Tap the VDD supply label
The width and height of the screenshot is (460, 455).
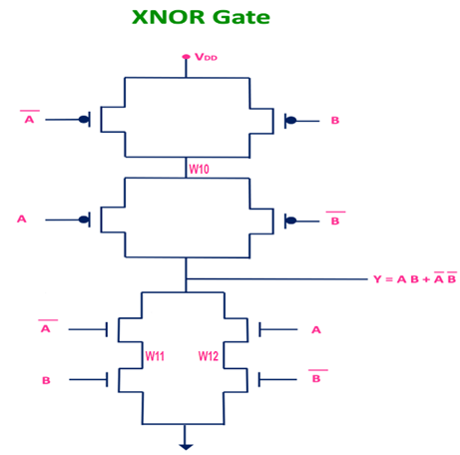pos(206,58)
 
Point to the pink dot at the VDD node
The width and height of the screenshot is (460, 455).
pos(186,57)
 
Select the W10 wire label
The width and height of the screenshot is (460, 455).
pos(200,169)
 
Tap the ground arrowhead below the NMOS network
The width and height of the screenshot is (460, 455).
pos(186,446)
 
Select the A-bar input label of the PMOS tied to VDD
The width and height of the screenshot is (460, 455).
pos(28,119)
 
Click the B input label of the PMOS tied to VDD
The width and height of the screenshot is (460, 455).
pos(334,120)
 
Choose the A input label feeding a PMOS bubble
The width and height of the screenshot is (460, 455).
pos(21,218)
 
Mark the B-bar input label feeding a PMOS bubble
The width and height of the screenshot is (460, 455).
pos(335,220)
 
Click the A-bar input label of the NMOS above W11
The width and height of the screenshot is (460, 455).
pos(45,329)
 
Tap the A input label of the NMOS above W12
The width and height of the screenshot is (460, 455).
pos(316,329)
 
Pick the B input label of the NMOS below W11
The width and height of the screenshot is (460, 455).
pos(46,380)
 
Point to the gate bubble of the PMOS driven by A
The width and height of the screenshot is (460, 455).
pos(85,219)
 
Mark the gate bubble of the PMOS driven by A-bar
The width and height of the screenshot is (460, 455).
pos(85,120)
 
